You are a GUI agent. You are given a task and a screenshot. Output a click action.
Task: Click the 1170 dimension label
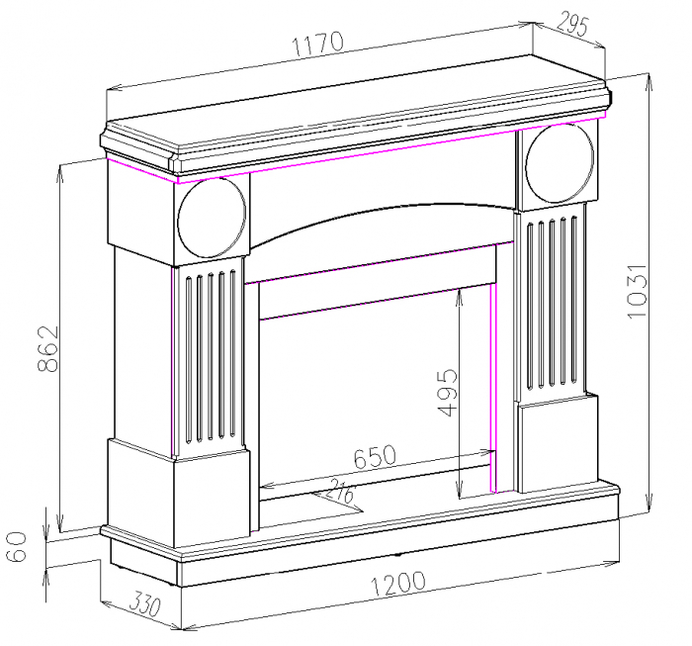point(317,44)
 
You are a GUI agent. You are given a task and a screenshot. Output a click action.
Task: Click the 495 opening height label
point(447,393)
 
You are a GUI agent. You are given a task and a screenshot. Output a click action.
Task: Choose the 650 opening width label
point(375,457)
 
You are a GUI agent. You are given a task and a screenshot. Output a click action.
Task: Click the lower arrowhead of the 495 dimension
point(461,492)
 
